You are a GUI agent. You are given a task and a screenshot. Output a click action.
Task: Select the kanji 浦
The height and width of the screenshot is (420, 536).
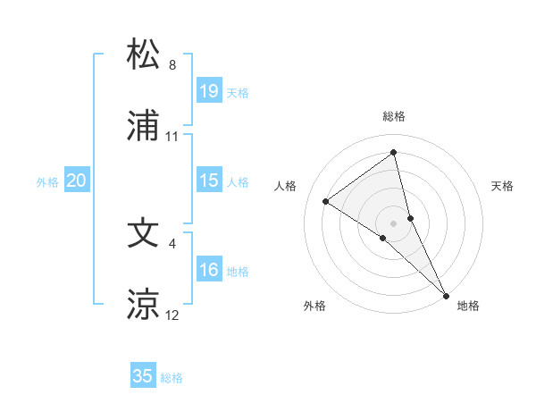coord(144,128)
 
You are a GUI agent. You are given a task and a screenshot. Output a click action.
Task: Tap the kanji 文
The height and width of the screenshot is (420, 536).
coord(144,231)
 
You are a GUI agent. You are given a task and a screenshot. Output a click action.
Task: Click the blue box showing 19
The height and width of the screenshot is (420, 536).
coord(209,90)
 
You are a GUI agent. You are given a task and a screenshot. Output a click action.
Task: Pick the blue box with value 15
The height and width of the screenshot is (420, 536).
coord(209,181)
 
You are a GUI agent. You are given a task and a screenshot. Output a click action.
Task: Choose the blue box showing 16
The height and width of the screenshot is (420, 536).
coord(209,270)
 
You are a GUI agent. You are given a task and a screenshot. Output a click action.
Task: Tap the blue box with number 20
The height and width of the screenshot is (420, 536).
coord(77,181)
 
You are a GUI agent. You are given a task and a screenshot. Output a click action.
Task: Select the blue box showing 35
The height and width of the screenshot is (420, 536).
coord(143,376)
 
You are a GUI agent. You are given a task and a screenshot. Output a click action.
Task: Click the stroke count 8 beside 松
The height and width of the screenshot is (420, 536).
coord(172,64)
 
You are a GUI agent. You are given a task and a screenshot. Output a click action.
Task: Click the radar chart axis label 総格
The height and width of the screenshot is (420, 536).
coord(394,116)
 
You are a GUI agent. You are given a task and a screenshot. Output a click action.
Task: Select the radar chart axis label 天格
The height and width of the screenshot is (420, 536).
coord(503,186)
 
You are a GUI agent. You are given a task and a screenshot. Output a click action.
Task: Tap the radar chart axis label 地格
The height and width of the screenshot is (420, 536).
coord(468,306)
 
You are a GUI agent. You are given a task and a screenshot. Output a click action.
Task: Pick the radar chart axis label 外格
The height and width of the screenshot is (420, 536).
coord(314,306)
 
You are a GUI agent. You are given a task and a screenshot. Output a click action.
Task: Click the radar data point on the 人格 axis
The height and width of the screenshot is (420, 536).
coord(325,201)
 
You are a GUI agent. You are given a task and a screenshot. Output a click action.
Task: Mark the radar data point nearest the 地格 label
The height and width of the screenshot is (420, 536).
coord(446,294)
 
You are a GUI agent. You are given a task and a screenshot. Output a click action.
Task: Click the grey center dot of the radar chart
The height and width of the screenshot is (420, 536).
coord(393,223)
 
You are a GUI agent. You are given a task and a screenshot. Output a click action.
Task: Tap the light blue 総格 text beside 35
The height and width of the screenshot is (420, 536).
coord(172,378)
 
